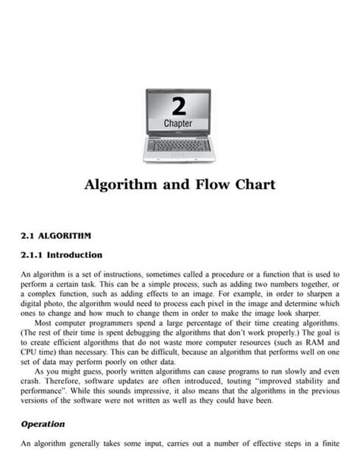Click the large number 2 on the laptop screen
(x=179, y=104)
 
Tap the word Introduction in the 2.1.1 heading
(x=76, y=255)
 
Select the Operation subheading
(x=43, y=424)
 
